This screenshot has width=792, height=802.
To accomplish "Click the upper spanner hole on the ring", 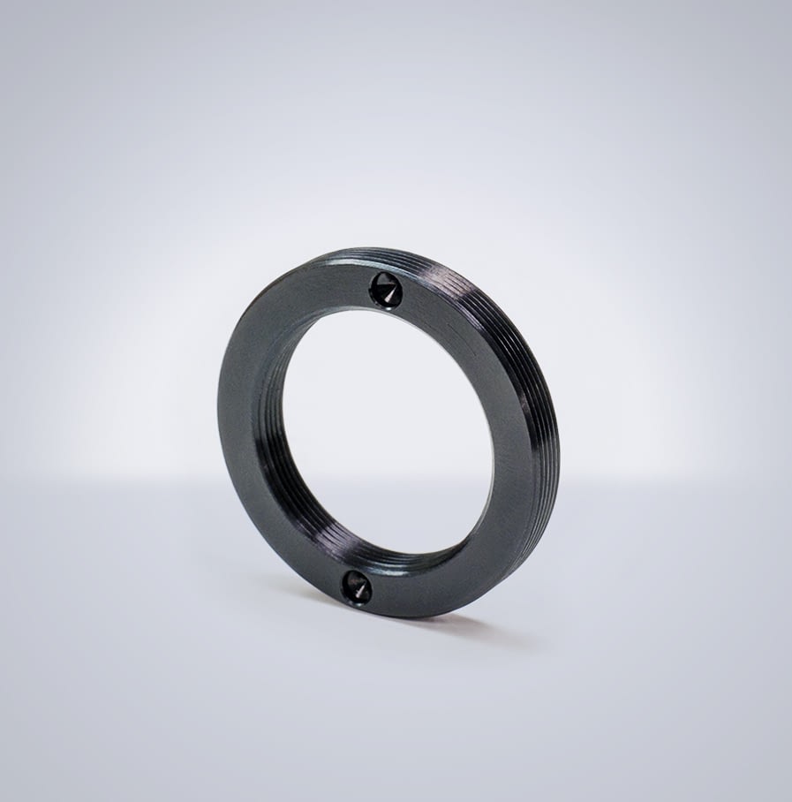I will [x=385, y=290].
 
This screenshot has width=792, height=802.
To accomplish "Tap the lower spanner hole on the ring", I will [x=358, y=586].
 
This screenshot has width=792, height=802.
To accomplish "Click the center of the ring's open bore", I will [x=388, y=433].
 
